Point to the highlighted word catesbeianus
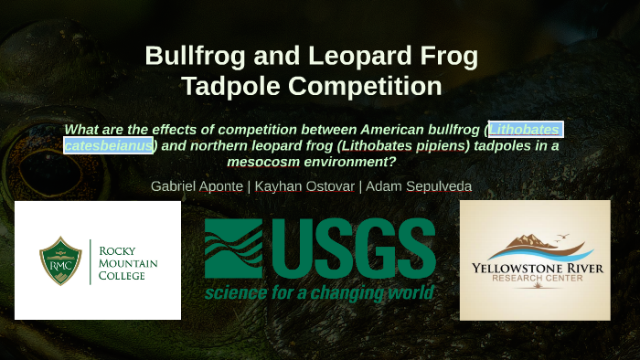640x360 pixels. (x=108, y=145)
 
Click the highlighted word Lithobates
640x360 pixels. (x=525, y=129)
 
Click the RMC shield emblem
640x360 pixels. (x=60, y=259)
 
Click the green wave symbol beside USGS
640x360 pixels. (x=233, y=249)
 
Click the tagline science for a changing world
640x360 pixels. (x=319, y=293)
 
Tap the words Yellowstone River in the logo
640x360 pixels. (x=534, y=269)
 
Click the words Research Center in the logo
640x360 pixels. (x=534, y=282)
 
